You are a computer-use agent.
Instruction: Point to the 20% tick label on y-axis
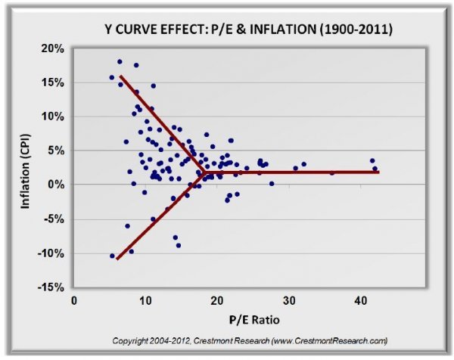54,48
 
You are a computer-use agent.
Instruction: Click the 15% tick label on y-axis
54,82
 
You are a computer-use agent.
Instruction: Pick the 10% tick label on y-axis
54,116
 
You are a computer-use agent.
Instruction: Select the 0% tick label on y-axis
57,185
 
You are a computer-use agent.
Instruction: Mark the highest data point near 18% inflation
120,62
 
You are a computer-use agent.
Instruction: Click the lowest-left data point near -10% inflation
112,256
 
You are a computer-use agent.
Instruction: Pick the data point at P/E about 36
331,172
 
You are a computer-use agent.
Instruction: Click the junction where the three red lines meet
204,172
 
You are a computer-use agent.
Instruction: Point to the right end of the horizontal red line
378,172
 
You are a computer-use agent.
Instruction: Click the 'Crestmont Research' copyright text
250,341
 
